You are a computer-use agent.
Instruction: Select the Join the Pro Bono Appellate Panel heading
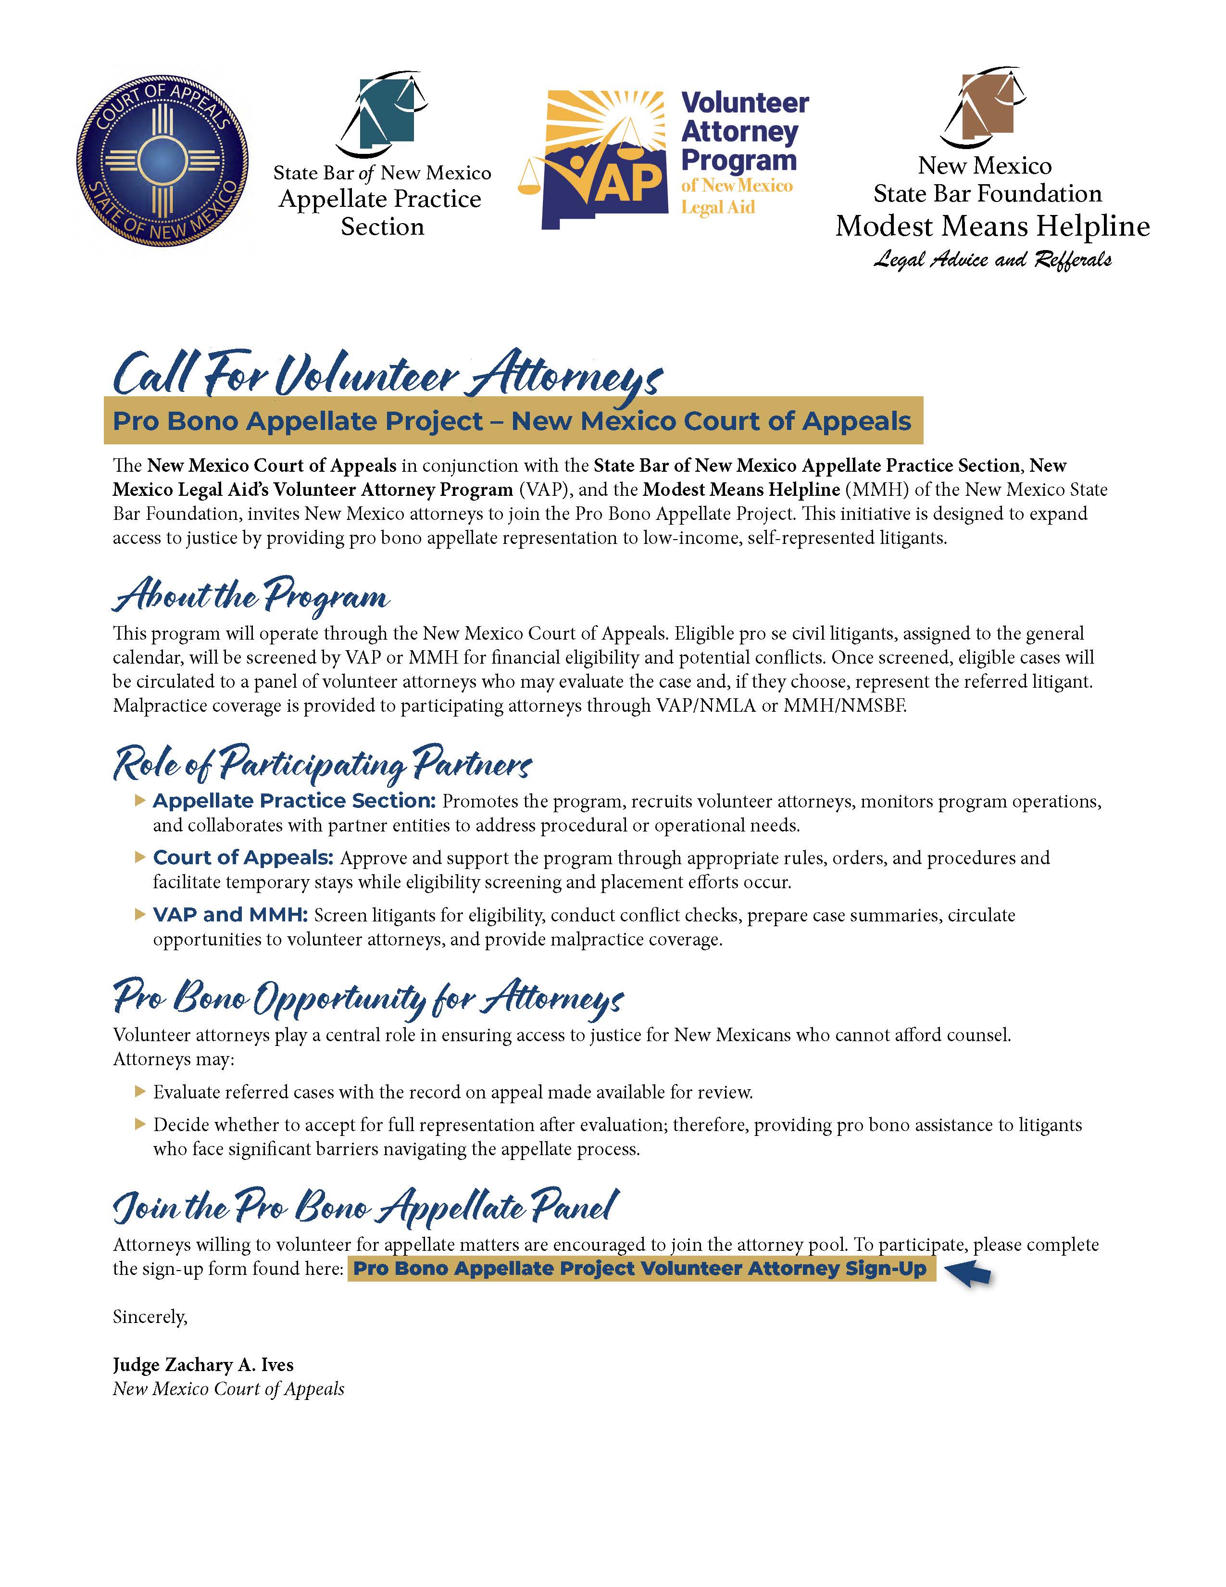(x=365, y=1208)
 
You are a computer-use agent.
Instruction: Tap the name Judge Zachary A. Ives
(x=203, y=1365)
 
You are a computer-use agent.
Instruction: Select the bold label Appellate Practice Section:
(x=293, y=801)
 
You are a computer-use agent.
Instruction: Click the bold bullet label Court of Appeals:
(x=243, y=857)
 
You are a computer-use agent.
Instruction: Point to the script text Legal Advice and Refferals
(x=992, y=259)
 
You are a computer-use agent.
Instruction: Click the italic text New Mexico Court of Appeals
(x=228, y=1389)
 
